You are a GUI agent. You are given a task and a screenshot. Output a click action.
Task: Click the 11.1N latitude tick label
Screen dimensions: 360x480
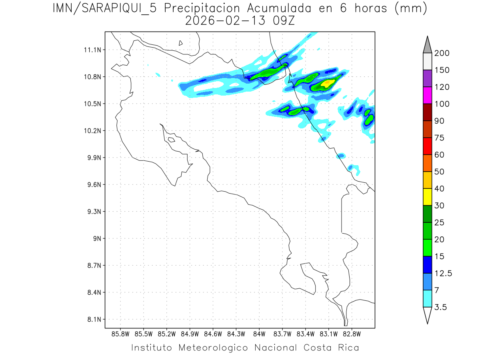[x=90, y=50]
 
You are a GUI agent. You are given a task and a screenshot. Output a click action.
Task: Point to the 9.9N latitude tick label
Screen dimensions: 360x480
[x=90, y=158]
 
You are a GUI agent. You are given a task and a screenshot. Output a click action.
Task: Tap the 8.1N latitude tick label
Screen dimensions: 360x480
[x=91, y=319]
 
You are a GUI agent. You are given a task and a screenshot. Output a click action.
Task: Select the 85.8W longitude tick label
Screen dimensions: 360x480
[x=121, y=334]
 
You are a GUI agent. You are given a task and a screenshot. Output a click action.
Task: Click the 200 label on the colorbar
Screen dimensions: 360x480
[x=442, y=53]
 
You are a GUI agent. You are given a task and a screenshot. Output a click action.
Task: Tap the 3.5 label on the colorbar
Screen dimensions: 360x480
[x=441, y=307]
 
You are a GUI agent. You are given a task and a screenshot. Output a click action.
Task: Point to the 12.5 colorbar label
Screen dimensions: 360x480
[x=443, y=274]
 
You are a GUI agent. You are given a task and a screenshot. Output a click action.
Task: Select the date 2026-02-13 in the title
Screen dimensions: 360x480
[x=225, y=20]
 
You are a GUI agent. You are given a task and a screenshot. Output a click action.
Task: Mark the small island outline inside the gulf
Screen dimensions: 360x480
[x=171, y=140]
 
